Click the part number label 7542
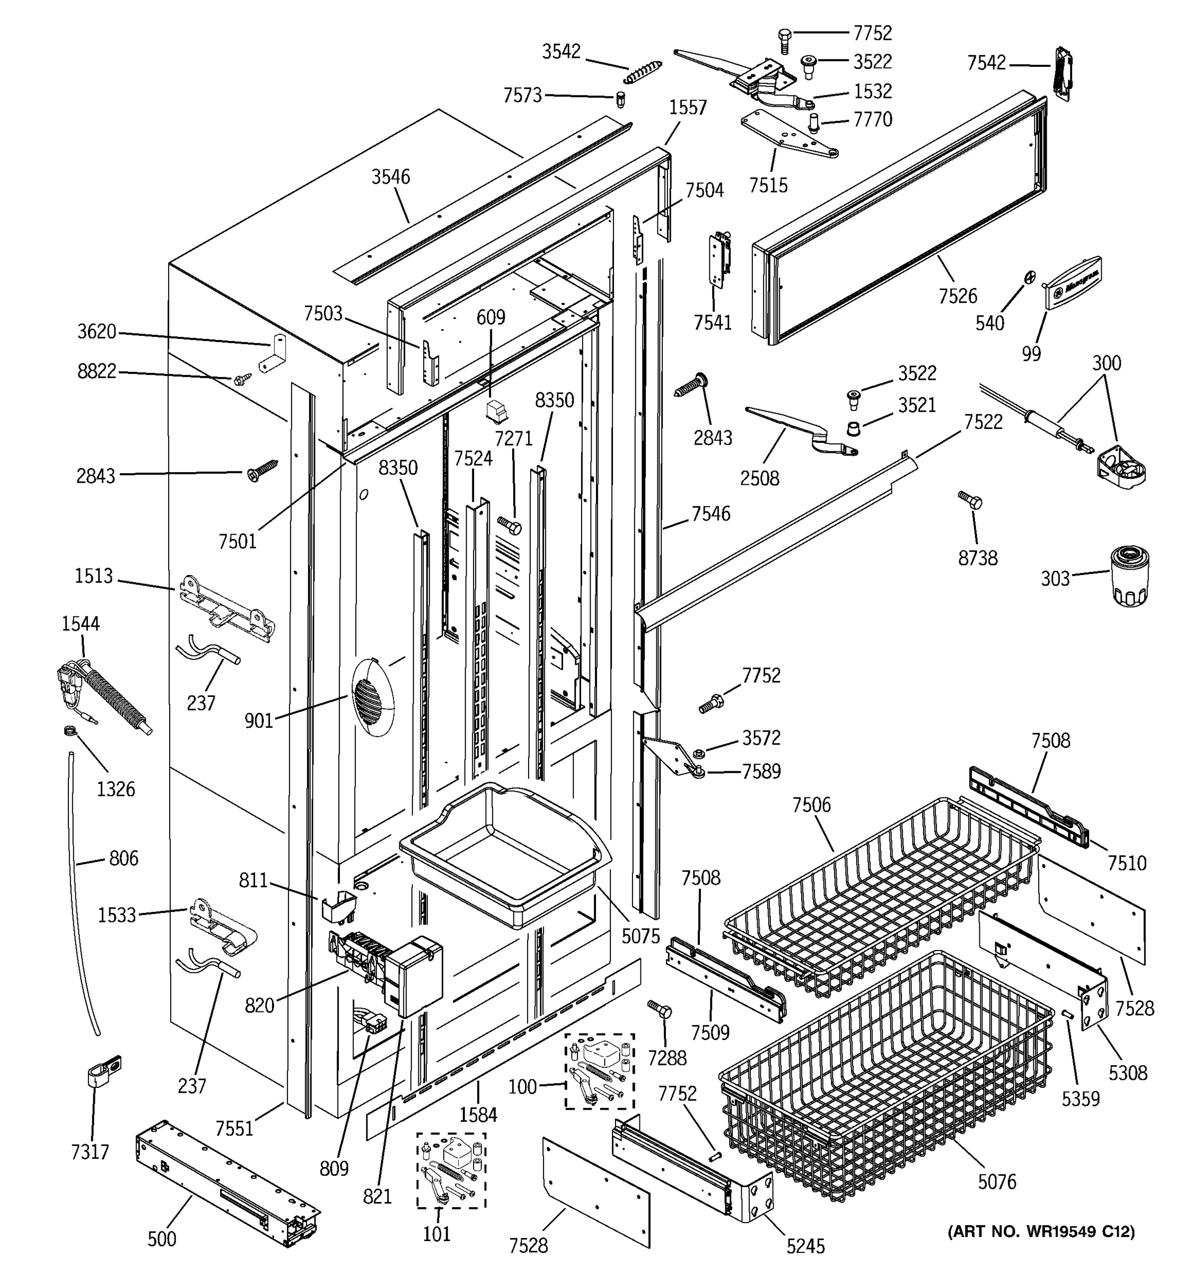tap(986, 63)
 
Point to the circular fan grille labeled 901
tap(373, 700)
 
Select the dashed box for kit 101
tap(451, 1171)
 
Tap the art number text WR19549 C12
tap(1041, 1232)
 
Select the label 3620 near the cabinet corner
tap(97, 332)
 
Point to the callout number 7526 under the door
tap(958, 296)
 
